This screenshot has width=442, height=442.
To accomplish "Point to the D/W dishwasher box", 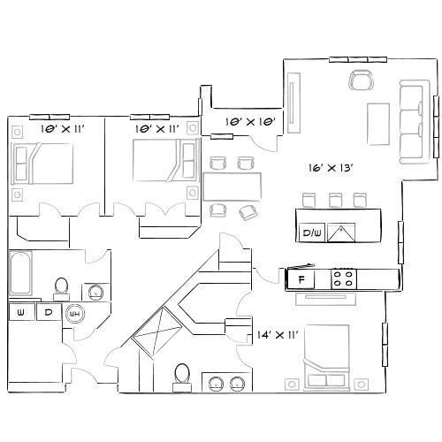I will [x=311, y=232].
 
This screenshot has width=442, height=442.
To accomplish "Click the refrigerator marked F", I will [x=302, y=279].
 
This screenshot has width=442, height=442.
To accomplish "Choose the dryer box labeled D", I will [x=50, y=312].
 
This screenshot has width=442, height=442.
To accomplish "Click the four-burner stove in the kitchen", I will [x=344, y=279].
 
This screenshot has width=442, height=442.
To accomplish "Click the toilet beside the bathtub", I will [x=61, y=286].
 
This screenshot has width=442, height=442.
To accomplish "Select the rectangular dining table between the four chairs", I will [x=233, y=187].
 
